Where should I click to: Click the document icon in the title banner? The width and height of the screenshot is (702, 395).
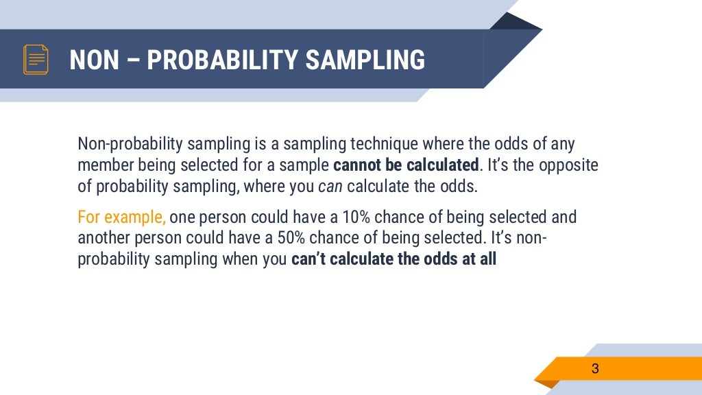(x=36, y=60)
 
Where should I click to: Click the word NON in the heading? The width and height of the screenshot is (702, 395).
(x=95, y=60)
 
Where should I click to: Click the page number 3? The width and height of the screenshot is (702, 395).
(x=595, y=369)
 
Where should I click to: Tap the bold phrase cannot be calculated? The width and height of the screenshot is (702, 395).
(x=405, y=166)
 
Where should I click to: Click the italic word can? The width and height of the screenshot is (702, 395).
(x=330, y=187)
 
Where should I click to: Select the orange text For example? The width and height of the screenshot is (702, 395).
(x=121, y=218)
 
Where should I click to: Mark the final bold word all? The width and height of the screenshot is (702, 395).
(x=487, y=261)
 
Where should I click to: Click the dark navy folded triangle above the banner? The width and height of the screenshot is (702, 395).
(x=514, y=22)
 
